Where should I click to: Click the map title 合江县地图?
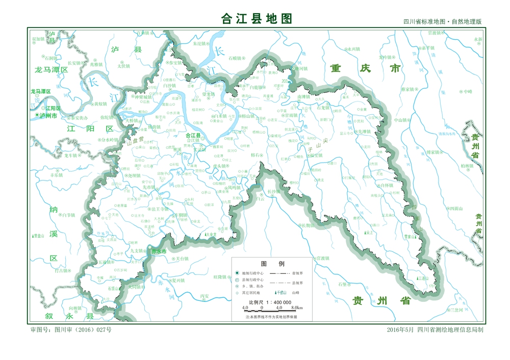[x=257, y=19]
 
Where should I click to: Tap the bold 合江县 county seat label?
[x=193, y=135]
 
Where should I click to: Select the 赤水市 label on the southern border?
[x=159, y=251]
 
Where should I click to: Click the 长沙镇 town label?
[x=274, y=192]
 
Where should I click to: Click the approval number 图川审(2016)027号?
[x=71, y=330]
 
